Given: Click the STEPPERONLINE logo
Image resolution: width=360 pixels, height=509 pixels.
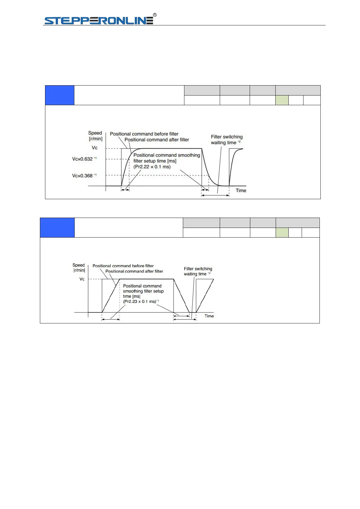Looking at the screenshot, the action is pyautogui.click(x=99, y=20).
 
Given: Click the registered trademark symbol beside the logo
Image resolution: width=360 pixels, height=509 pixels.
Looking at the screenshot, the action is pyautogui.click(x=155, y=15).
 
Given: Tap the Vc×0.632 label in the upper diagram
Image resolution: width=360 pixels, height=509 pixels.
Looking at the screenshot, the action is pyautogui.click(x=82, y=159).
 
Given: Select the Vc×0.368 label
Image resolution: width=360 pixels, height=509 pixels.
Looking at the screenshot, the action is pyautogui.click(x=82, y=176).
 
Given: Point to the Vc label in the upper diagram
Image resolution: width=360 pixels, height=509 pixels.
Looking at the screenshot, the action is pyautogui.click(x=95, y=148).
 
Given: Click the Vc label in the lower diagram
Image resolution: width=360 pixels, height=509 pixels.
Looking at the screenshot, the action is pyautogui.click(x=82, y=279).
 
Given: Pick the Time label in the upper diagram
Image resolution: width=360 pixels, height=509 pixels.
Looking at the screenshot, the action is pyautogui.click(x=241, y=190).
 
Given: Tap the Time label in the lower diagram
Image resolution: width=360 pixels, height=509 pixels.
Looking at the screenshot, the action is pyautogui.click(x=209, y=316).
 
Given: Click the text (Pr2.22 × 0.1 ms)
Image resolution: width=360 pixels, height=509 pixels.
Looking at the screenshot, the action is pyautogui.click(x=152, y=167).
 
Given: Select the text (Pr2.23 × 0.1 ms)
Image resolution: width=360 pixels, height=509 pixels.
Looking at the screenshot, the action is pyautogui.click(x=140, y=301).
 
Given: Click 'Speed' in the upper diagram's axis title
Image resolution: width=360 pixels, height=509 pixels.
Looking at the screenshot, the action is pyautogui.click(x=95, y=133).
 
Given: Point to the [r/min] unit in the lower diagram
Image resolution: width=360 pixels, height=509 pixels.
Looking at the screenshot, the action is pyautogui.click(x=79, y=270).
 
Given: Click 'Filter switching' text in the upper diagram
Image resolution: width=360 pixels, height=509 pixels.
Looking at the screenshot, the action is pyautogui.click(x=227, y=137).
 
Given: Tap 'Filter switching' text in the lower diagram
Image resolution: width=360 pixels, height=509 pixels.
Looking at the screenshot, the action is pyautogui.click(x=198, y=269).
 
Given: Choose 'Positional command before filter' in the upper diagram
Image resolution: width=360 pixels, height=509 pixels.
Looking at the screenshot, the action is pyautogui.click(x=144, y=134).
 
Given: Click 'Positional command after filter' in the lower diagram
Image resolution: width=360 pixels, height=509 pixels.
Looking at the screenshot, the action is pyautogui.click(x=134, y=271).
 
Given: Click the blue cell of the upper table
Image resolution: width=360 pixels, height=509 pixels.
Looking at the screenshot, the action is pyautogui.click(x=60, y=95).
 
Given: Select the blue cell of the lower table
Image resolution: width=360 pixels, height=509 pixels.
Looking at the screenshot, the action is pyautogui.click(x=57, y=228).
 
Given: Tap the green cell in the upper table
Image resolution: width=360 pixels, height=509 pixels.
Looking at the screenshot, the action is pyautogui.click(x=282, y=100).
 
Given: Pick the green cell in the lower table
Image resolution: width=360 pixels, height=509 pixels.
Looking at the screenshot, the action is pyautogui.click(x=282, y=232).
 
